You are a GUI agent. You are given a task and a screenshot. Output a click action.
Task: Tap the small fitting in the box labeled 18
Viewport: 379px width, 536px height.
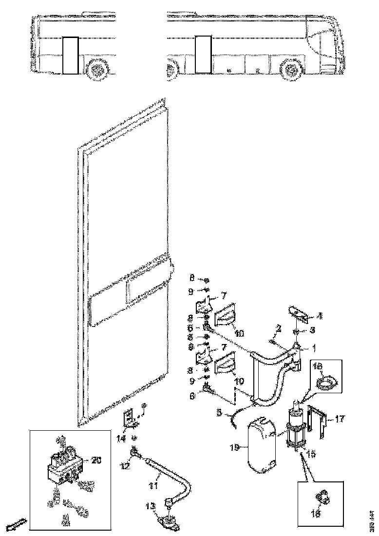pyautogui.click(x=322, y=498)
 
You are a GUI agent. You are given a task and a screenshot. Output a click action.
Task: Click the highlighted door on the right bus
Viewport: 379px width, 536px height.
pyautogui.click(x=202, y=55)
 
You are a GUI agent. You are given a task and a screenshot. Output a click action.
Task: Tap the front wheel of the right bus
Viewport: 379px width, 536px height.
pyautogui.click(x=293, y=71)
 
